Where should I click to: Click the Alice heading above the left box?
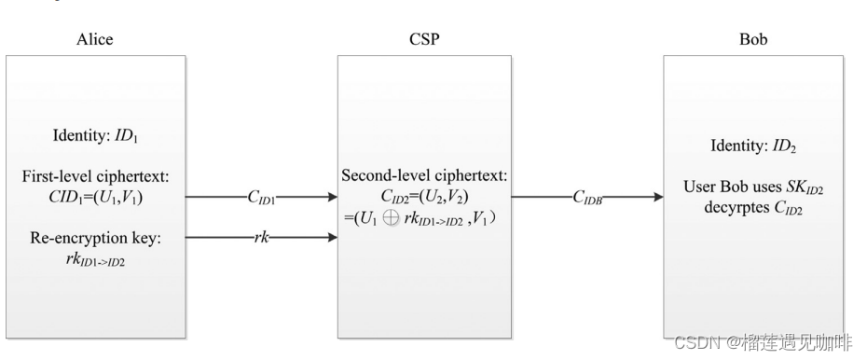(x=94, y=39)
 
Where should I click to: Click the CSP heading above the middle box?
(x=424, y=39)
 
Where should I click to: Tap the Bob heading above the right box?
(x=752, y=39)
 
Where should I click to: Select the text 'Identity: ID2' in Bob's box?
(x=752, y=147)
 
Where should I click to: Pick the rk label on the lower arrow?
(x=262, y=239)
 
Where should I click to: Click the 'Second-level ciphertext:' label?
(x=424, y=177)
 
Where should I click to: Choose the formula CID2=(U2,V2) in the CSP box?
(x=424, y=197)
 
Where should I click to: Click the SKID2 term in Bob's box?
(x=805, y=189)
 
